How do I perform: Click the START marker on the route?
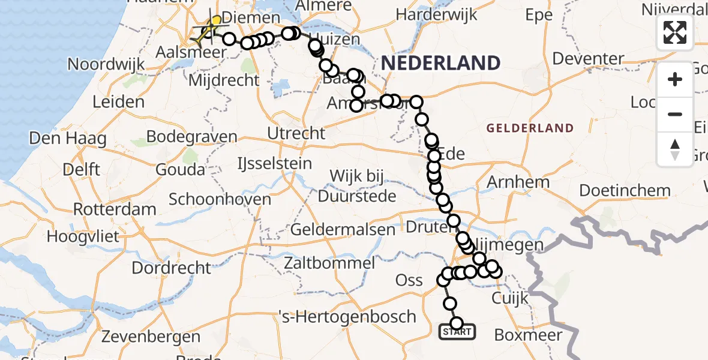pyautogui.click(x=457, y=331)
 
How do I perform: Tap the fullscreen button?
pyautogui.click(x=675, y=32)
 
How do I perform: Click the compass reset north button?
pyautogui.click(x=675, y=149)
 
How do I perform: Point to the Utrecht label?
pyautogui.click(x=297, y=133)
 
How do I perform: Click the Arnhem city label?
pyautogui.click(x=509, y=182)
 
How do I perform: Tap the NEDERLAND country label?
pyautogui.click(x=439, y=63)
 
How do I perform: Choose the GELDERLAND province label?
pyautogui.click(x=530, y=128)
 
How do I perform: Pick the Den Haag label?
pyautogui.click(x=68, y=139)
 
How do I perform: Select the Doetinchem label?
pyautogui.click(x=625, y=191)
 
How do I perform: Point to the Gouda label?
pyautogui.click(x=180, y=170)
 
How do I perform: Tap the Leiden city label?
pyautogui.click(x=119, y=102)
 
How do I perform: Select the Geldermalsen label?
pyautogui.click(x=343, y=229)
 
